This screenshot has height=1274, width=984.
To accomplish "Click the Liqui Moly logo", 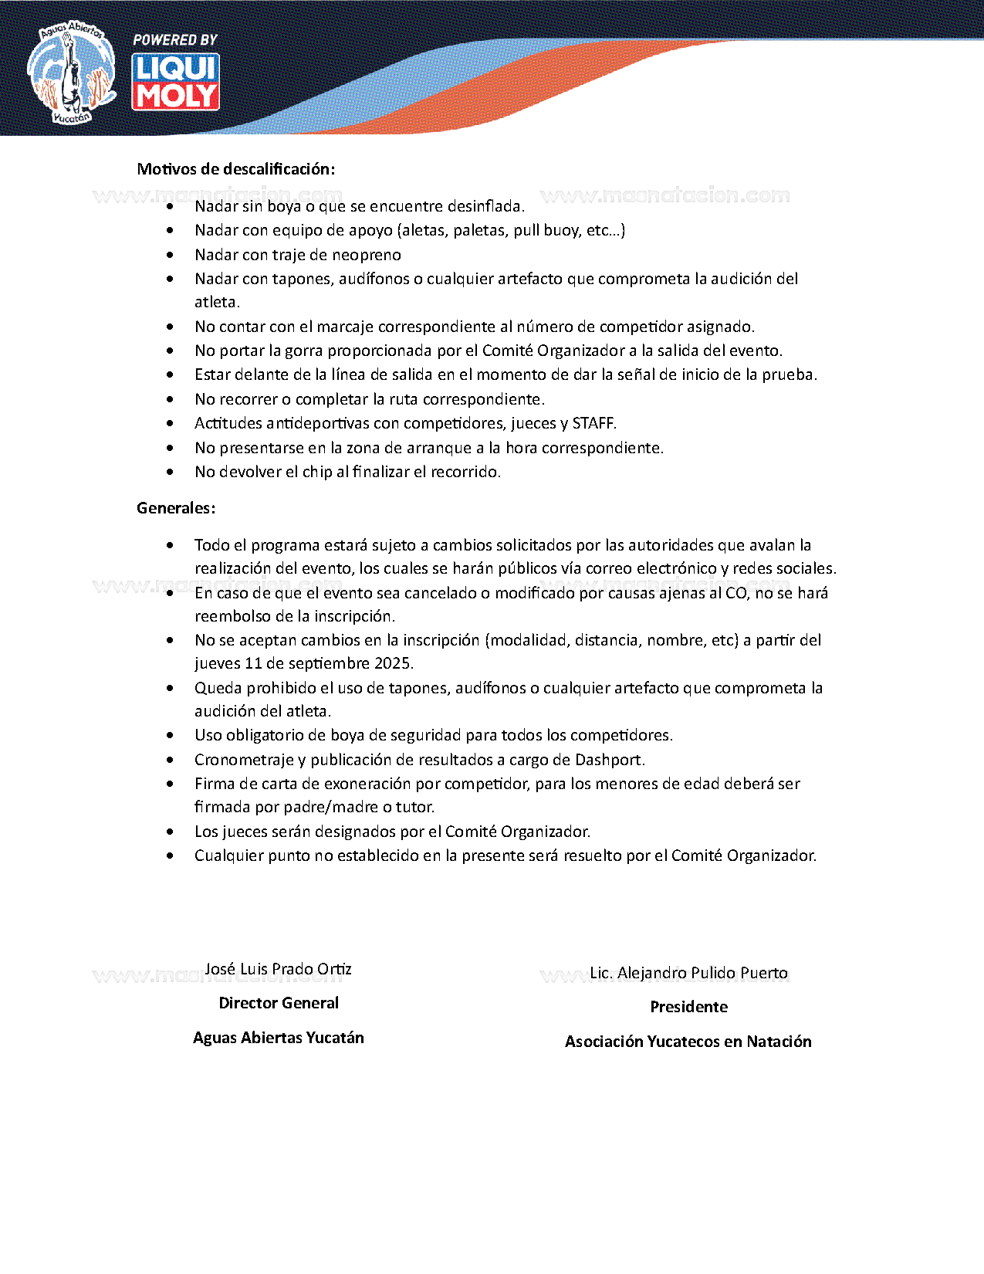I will (x=176, y=82).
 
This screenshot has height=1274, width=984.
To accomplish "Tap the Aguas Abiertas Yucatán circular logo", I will (x=71, y=73).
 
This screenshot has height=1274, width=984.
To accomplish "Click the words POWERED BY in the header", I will (x=175, y=39).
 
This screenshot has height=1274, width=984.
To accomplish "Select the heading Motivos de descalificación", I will (x=236, y=169).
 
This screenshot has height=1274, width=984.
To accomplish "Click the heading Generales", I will (x=176, y=508).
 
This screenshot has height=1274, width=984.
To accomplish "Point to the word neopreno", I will (x=367, y=255).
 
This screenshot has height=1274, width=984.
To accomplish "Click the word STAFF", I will (x=593, y=423).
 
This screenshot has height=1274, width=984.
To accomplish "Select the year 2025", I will (x=393, y=663).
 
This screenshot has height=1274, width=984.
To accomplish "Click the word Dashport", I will (x=609, y=760).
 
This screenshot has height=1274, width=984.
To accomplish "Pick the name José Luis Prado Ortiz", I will (x=279, y=969).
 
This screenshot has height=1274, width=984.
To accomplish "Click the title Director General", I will (x=279, y=1003).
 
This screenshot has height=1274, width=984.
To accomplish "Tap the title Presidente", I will (x=688, y=1007).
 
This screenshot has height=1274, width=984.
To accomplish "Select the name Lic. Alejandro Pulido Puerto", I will (x=688, y=973).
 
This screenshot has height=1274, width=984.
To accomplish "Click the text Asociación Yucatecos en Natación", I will (x=688, y=1042).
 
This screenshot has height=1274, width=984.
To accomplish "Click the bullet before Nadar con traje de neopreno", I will (x=170, y=255).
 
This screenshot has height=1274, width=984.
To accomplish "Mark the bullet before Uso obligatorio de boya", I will (x=170, y=735).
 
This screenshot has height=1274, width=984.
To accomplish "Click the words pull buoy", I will (x=546, y=230).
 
